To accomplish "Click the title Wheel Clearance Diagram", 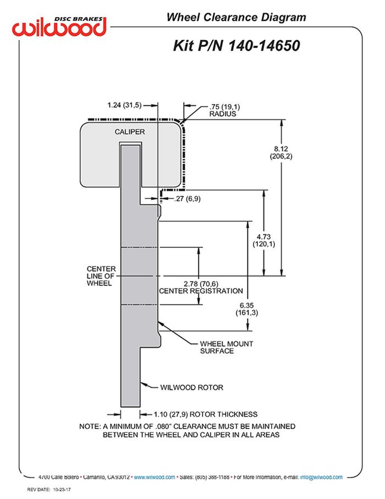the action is click(236, 17).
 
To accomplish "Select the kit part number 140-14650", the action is click(264, 46).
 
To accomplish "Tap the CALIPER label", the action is click(130, 132).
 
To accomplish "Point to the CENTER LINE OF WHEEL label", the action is click(101, 276).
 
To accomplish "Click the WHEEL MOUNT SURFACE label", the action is click(227, 347).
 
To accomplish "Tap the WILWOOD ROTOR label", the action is click(192, 387).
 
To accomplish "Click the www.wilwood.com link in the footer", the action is click(155, 477).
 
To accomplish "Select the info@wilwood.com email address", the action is click(321, 477).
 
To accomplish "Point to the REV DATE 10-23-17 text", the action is click(48, 490).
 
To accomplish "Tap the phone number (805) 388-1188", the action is click(211, 477).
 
